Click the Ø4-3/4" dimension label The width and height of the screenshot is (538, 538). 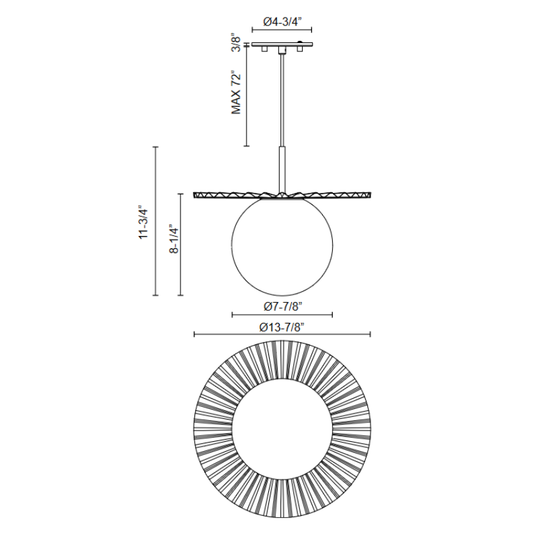pyautogui.click(x=282, y=22)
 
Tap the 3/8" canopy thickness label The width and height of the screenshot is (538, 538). pyautogui.click(x=237, y=42)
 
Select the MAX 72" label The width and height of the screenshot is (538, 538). pyautogui.click(x=237, y=93)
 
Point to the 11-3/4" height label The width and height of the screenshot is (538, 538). pyautogui.click(x=143, y=223)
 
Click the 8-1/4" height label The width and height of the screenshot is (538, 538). pyautogui.click(x=174, y=239)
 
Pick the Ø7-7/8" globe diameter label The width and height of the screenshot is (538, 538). pyautogui.click(x=282, y=306)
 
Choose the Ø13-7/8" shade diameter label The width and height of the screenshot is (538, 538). pyautogui.click(x=282, y=328)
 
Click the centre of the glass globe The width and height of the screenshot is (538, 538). pyautogui.click(x=282, y=246)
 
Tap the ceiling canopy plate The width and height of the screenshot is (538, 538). pyautogui.click(x=282, y=44)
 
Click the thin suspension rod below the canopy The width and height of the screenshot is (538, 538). pyautogui.click(x=282, y=100)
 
